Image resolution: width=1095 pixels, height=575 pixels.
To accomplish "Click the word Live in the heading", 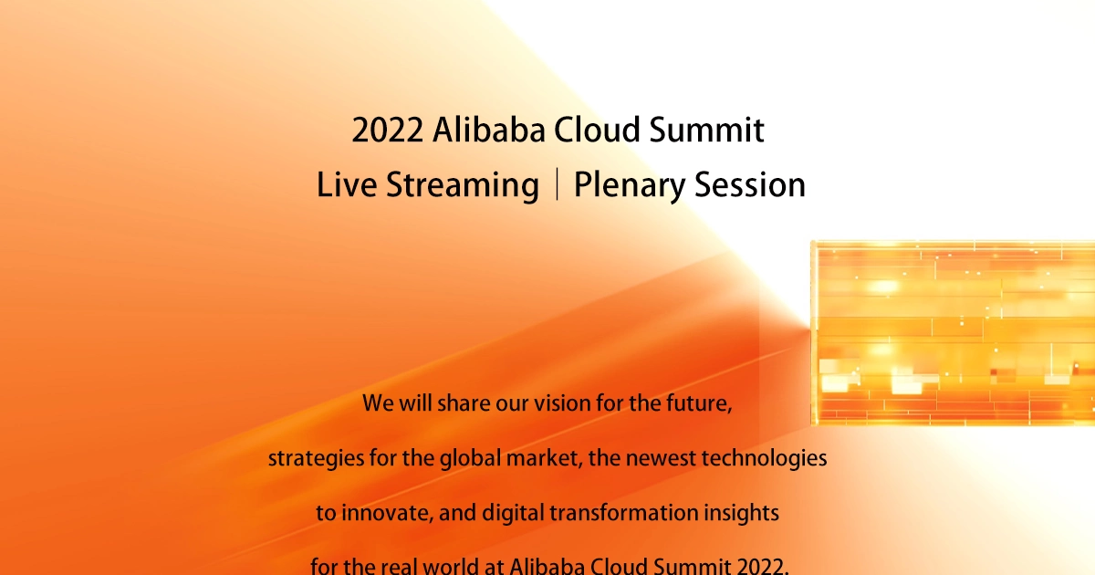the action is click(x=347, y=184).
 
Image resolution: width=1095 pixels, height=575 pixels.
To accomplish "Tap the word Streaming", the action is click(x=463, y=186).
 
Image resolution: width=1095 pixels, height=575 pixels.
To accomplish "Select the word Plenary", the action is click(x=630, y=186).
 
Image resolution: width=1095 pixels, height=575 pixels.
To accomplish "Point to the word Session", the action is click(x=750, y=184).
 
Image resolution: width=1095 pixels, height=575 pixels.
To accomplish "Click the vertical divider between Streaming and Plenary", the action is click(x=558, y=183).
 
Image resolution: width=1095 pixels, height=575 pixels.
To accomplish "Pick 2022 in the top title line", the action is click(x=388, y=130).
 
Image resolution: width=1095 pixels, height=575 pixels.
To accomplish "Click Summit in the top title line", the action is click(x=707, y=130).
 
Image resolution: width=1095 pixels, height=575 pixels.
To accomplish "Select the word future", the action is click(x=699, y=403).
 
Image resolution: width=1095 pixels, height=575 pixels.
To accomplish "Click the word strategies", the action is click(x=317, y=459).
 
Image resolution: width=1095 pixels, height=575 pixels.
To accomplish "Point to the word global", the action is click(x=470, y=459).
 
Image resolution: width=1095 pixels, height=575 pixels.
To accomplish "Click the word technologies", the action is click(x=764, y=459).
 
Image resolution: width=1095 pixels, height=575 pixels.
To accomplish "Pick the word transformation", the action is click(x=624, y=513).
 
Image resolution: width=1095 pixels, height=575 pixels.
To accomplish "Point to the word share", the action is click(x=464, y=403).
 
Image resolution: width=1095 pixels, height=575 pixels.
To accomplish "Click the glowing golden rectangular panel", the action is click(x=953, y=333).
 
